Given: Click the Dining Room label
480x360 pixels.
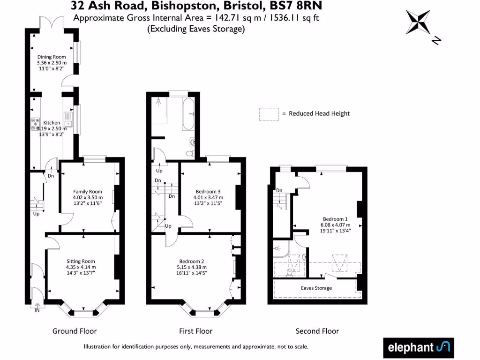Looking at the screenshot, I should click(x=52, y=57).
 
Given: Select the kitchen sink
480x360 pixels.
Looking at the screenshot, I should click(x=68, y=120).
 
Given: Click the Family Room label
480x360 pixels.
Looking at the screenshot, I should click(x=87, y=191).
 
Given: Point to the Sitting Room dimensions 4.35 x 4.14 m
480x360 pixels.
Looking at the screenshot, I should click(x=80, y=267).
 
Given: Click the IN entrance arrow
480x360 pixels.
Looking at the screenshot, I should click(x=37, y=308).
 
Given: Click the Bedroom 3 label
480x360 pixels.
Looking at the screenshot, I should click(x=209, y=191).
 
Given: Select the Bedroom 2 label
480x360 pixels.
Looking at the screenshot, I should click(x=192, y=261).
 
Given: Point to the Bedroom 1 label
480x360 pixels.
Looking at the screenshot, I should click(x=335, y=219).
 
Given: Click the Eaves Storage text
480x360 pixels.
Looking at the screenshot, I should click(x=316, y=288).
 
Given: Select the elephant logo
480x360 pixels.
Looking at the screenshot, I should click(x=419, y=347).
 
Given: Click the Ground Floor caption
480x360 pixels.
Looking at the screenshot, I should click(x=75, y=331).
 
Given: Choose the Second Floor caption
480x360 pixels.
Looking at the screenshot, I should click(x=317, y=331).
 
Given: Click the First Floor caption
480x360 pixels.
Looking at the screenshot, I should click(x=195, y=331).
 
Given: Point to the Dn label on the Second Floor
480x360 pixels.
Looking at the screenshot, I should click(x=279, y=190).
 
